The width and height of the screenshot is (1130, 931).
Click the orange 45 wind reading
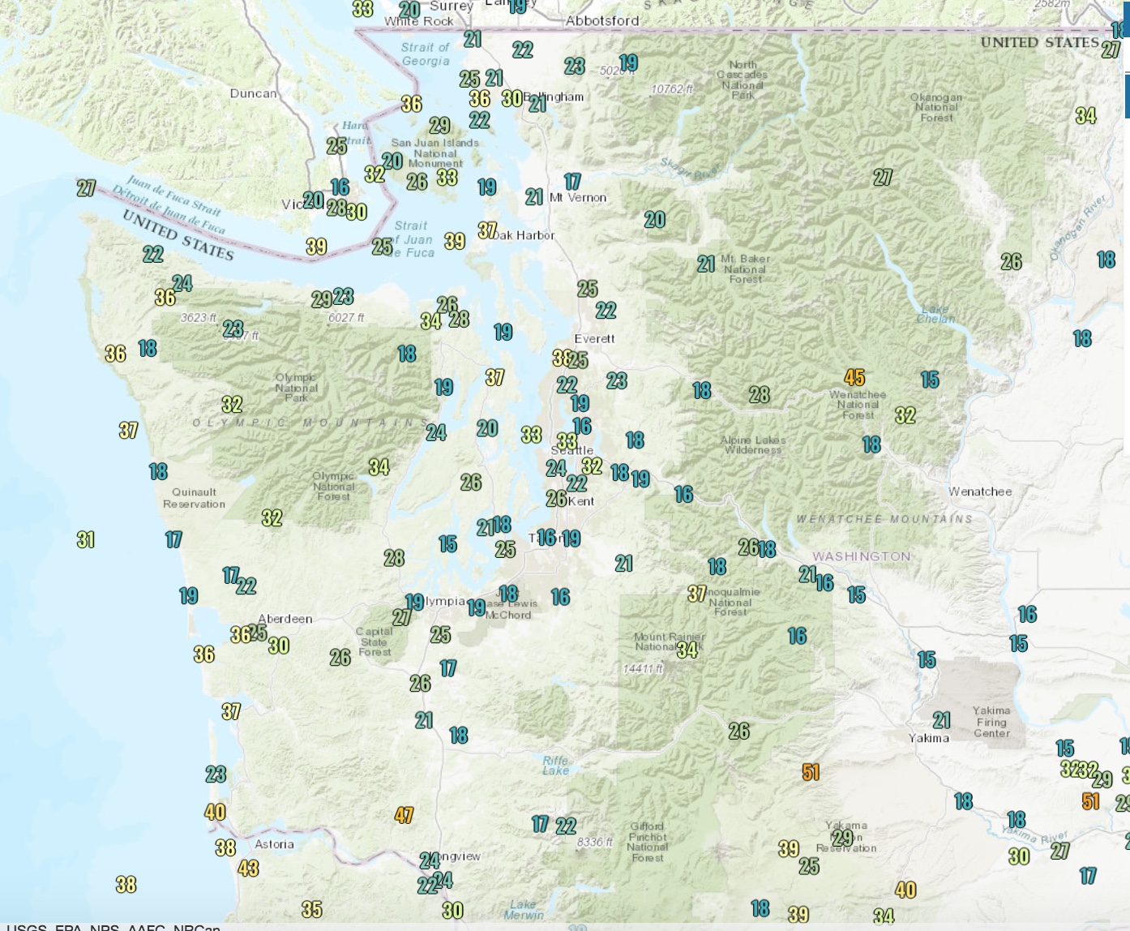pyautogui.click(x=854, y=377)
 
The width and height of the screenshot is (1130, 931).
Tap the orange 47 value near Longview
pyautogui.click(x=404, y=815)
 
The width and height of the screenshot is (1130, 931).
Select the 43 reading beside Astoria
pyautogui.click(x=248, y=868)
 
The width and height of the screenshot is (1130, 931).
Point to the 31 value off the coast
pyautogui.click(x=86, y=539)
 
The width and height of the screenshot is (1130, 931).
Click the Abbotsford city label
pyautogui.click(x=602, y=20)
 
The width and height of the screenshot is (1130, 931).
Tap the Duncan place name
pyautogui.click(x=253, y=93)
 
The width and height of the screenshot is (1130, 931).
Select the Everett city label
pyautogui.click(x=594, y=338)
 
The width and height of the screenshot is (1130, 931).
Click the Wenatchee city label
pyautogui.click(x=980, y=491)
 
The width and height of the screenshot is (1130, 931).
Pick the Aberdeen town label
pyautogui.click(x=285, y=619)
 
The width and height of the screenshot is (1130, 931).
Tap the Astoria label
pyautogui.click(x=274, y=844)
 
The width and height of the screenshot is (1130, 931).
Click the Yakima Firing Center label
pyautogui.click(x=991, y=722)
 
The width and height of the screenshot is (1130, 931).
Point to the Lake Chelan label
pyautogui.click(x=935, y=314)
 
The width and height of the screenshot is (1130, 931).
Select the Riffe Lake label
pyautogui.click(x=555, y=766)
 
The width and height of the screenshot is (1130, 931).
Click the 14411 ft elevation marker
pyautogui.click(x=643, y=668)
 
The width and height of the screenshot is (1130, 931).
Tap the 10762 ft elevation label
pyautogui.click(x=672, y=88)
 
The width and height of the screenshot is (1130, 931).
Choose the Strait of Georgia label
pyautogui.click(x=425, y=54)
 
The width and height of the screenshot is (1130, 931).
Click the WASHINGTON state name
pyautogui.click(x=862, y=556)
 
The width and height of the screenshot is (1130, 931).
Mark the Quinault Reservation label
pyautogui.click(x=194, y=498)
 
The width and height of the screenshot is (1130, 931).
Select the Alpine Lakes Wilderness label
pyautogui.click(x=753, y=445)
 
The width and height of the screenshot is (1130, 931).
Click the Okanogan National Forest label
pyautogui.click(x=936, y=107)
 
